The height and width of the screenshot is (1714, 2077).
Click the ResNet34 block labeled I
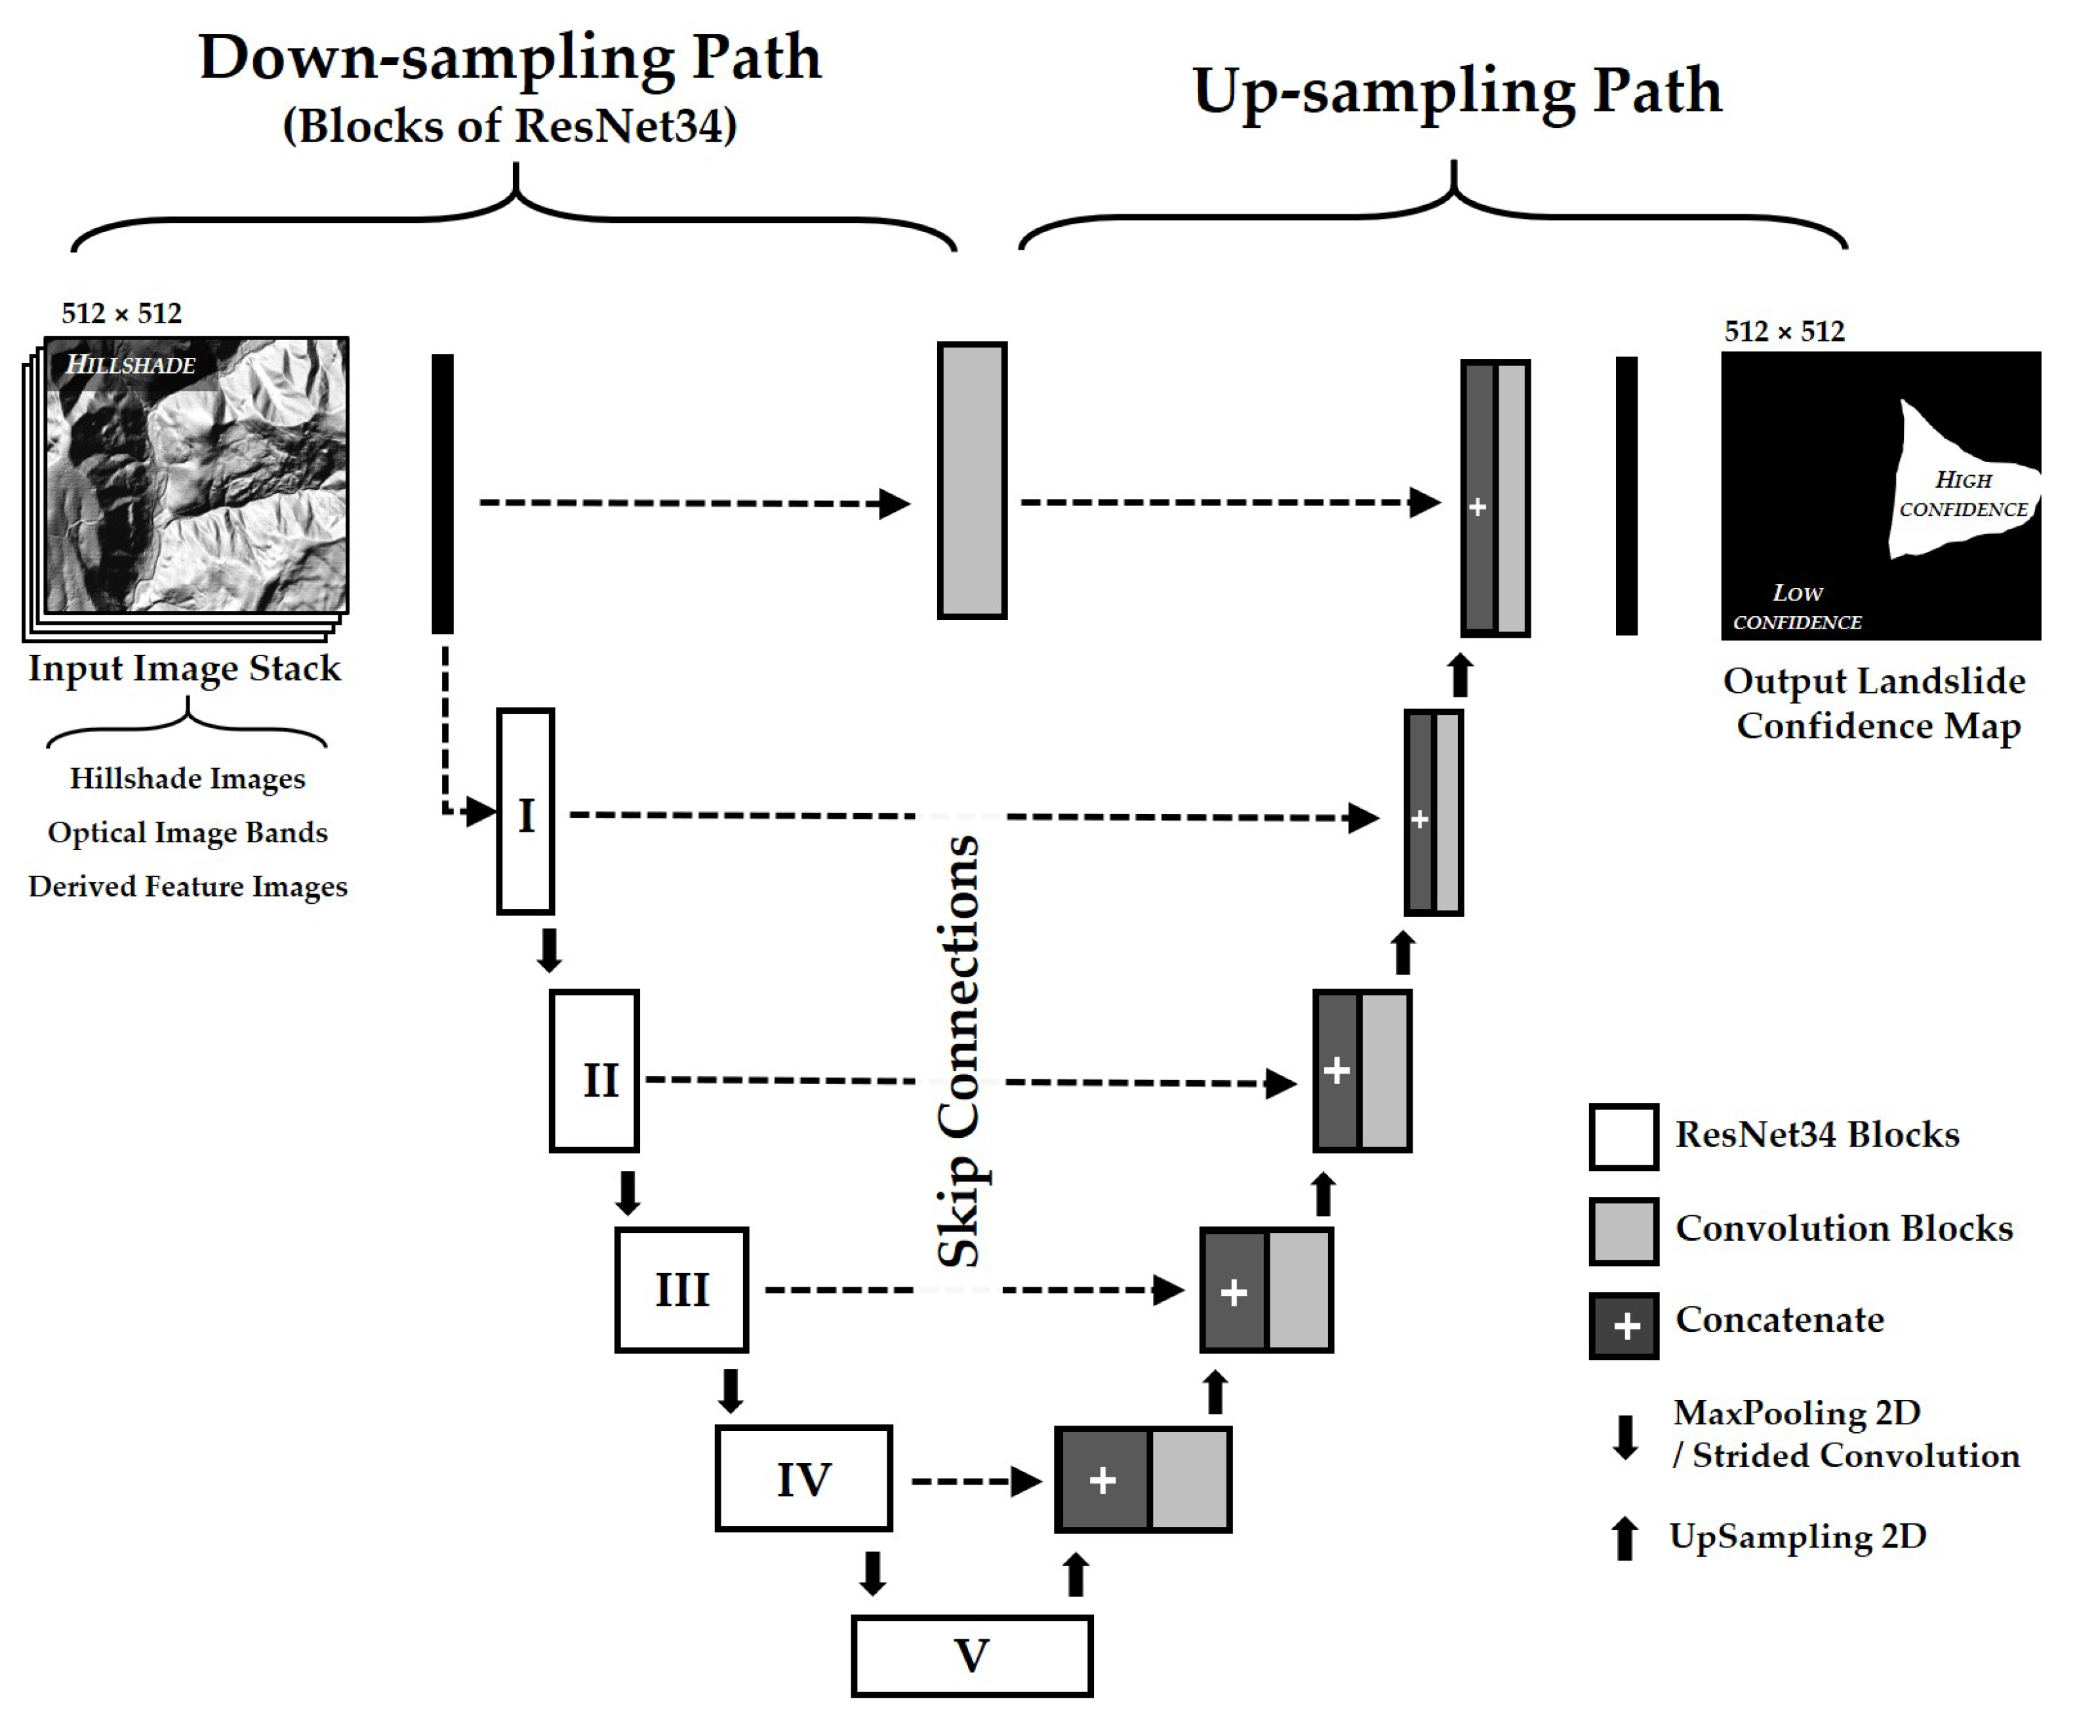525,811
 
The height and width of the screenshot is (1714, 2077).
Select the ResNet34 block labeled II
595,1071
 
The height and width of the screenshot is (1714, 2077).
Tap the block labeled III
681,1289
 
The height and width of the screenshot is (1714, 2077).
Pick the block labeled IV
803,1478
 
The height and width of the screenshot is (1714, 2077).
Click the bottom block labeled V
972,1656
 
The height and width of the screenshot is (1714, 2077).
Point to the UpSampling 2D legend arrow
1624,1537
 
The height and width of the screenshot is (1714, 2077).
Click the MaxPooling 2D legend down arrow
1624,1437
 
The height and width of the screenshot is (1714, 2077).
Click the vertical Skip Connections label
958,1051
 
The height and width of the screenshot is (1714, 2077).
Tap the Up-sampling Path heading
1457,91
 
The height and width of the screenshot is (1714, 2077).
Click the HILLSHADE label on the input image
131,364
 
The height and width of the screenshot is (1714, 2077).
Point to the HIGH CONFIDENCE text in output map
1962,494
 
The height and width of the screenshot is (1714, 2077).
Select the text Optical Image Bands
188,832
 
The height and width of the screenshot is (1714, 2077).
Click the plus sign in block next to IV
1102,1479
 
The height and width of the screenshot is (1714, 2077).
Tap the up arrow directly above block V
1076,1574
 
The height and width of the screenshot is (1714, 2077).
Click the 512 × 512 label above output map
1784,331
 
